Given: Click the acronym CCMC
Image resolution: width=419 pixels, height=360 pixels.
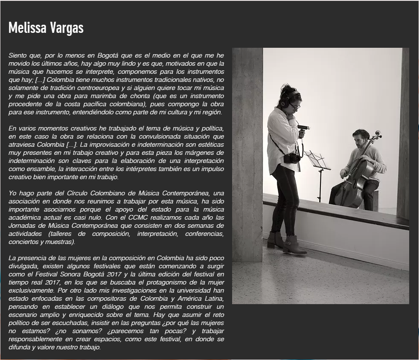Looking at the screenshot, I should [x=152, y=218].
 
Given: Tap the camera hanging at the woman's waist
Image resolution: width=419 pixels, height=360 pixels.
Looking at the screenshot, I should [x=292, y=158].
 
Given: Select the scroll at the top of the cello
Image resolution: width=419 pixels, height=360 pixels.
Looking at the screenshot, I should [x=378, y=134].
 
